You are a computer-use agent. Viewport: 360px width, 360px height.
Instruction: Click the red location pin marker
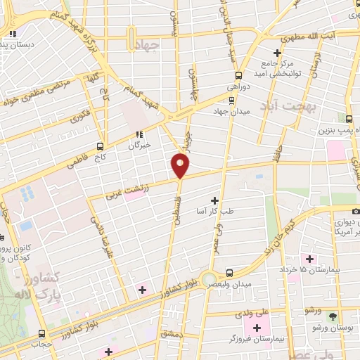pyautogui.click(x=181, y=165)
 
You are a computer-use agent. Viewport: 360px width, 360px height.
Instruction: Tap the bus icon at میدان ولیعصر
pyautogui.click(x=229, y=273)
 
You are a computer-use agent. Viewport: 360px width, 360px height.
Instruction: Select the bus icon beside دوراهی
pyautogui.click(x=238, y=75)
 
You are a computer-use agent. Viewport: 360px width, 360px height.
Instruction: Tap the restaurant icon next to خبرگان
pyautogui.click(x=139, y=134)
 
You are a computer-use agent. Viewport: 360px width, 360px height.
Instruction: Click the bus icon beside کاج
pyautogui.click(x=100, y=146)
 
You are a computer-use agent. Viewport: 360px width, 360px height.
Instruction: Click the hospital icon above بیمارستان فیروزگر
pyautogui.click(x=257, y=327)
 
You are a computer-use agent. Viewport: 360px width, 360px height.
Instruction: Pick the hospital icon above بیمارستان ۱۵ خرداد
pyautogui.click(x=309, y=259)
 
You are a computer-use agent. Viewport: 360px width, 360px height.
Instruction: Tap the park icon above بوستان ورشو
pyautogui.click(x=332, y=316)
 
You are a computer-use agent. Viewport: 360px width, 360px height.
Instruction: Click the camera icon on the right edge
pyautogui.click(x=356, y=210)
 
